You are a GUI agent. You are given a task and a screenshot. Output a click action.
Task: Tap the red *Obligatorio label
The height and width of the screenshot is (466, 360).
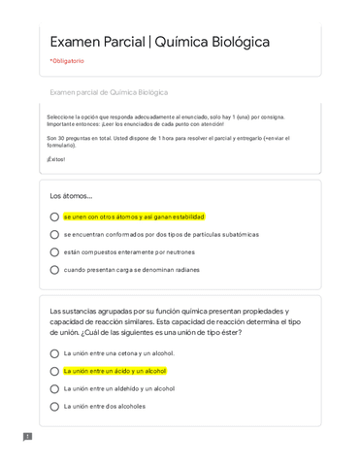[x=67, y=61]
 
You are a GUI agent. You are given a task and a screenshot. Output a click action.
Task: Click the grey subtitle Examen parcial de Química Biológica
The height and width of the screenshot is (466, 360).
[x=109, y=92]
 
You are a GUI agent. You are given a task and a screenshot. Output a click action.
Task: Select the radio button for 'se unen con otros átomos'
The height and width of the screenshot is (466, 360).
[x=54, y=217]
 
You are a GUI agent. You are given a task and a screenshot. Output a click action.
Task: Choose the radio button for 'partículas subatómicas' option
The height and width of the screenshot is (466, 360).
[x=54, y=235]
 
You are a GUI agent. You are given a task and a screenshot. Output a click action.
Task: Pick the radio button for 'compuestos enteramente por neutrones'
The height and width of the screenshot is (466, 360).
[x=54, y=252]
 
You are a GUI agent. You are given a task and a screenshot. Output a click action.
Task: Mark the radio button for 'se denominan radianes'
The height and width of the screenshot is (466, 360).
[x=54, y=270]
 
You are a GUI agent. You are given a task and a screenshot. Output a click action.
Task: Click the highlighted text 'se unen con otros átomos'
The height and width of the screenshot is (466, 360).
[x=134, y=217]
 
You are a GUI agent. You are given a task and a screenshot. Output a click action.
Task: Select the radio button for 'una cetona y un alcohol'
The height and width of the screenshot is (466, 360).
[x=54, y=353]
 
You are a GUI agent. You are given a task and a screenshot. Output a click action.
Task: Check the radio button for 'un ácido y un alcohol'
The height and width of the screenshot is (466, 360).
[x=54, y=371]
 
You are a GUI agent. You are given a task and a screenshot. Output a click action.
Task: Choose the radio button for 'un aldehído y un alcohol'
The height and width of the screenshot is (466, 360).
[x=54, y=388]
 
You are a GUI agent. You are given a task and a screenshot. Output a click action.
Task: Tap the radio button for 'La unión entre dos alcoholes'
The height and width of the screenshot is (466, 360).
[x=54, y=406]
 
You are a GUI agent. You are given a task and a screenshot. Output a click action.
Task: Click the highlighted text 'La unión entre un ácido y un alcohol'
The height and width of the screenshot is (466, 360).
[x=115, y=371]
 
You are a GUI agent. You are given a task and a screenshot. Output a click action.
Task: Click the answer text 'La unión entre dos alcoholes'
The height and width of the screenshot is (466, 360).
[x=105, y=406]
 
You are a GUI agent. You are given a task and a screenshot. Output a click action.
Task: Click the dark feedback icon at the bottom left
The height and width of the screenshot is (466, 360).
[x=27, y=437]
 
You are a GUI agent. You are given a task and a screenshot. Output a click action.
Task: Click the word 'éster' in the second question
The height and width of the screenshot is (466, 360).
[x=229, y=332]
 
